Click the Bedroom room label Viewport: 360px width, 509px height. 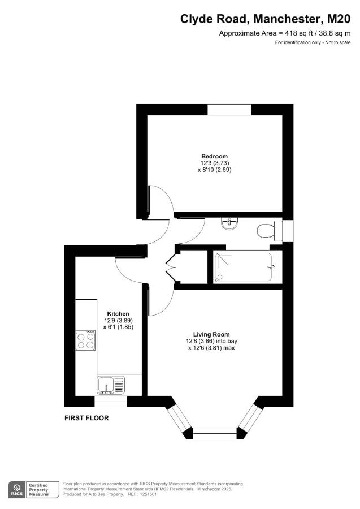(214, 156)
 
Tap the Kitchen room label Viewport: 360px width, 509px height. (118, 314)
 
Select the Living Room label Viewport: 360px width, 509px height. (211, 334)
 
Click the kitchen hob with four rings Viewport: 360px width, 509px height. (86, 340)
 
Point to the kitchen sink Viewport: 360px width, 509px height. (111, 385)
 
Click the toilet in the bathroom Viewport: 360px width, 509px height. (266, 230)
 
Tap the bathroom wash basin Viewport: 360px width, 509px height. (229, 225)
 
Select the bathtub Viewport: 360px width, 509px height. (245, 268)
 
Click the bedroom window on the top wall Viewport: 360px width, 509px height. (228, 109)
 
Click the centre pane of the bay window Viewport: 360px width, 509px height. (215, 433)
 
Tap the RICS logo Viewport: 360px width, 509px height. (16, 488)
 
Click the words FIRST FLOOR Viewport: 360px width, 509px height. (86, 419)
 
